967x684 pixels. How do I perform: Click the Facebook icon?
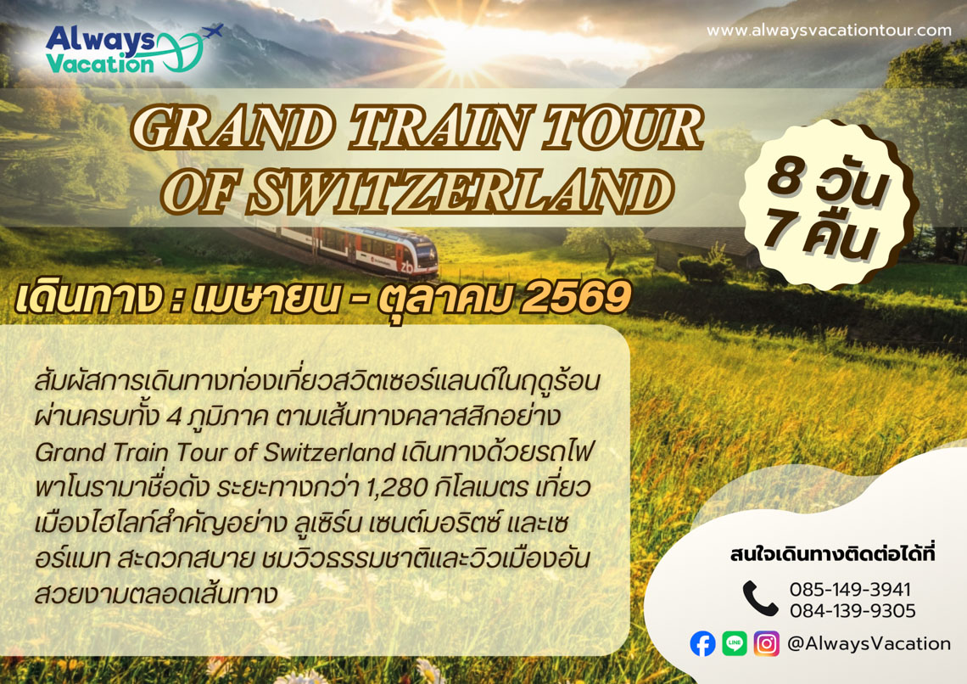702,644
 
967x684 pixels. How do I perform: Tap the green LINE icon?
735,643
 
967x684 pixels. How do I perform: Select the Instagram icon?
767,643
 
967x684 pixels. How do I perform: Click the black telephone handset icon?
760,598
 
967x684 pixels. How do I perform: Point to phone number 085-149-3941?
850,590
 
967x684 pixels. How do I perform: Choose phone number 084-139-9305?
852,611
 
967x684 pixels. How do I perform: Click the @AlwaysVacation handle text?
869,644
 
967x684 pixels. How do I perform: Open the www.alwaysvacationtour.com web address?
829,31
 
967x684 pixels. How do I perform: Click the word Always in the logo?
100,39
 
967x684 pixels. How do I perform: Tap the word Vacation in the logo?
99,63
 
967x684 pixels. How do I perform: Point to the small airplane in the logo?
212,31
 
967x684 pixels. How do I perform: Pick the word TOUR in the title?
622,128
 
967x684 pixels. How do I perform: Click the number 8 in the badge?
785,177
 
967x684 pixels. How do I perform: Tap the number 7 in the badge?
780,227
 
